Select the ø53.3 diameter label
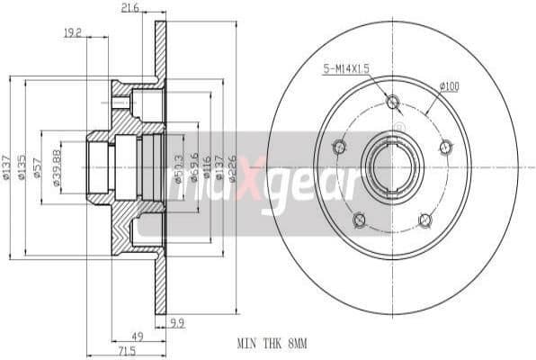tap(179, 167)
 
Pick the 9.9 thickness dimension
tap(176, 320)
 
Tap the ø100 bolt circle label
tap(449, 86)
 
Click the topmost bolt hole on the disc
tap(392, 102)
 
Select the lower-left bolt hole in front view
tap(360, 220)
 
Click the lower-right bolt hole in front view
tap(425, 220)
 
